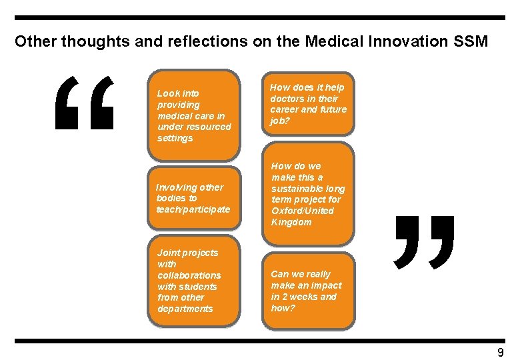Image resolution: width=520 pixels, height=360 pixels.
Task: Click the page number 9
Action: pyautogui.click(x=501, y=352)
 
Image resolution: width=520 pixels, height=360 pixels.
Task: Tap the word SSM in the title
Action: pyautogui.click(x=471, y=41)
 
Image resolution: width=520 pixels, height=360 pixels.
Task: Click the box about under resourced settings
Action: pyautogui.click(x=193, y=115)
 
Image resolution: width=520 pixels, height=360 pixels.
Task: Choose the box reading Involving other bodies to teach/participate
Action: pyautogui.click(x=193, y=198)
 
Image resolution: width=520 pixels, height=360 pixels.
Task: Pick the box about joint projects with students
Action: pyautogui.click(x=193, y=281)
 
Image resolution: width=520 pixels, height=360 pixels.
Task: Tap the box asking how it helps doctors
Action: pyautogui.click(x=308, y=104)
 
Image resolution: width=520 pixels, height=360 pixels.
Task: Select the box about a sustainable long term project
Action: pyautogui.click(x=308, y=194)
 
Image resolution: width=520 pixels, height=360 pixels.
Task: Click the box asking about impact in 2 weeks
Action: pyautogui.click(x=308, y=291)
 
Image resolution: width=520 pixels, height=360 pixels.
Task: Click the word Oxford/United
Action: pyautogui.click(x=303, y=211)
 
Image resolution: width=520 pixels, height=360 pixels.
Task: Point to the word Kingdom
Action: pyautogui.click(x=291, y=222)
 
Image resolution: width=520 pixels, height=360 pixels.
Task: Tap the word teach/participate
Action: pyautogui.click(x=193, y=209)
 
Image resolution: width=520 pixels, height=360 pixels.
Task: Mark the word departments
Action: pyautogui.click(x=185, y=309)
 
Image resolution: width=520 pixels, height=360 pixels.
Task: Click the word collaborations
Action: pyautogui.click(x=189, y=275)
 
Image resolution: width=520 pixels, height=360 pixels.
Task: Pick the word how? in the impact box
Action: pyautogui.click(x=283, y=308)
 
